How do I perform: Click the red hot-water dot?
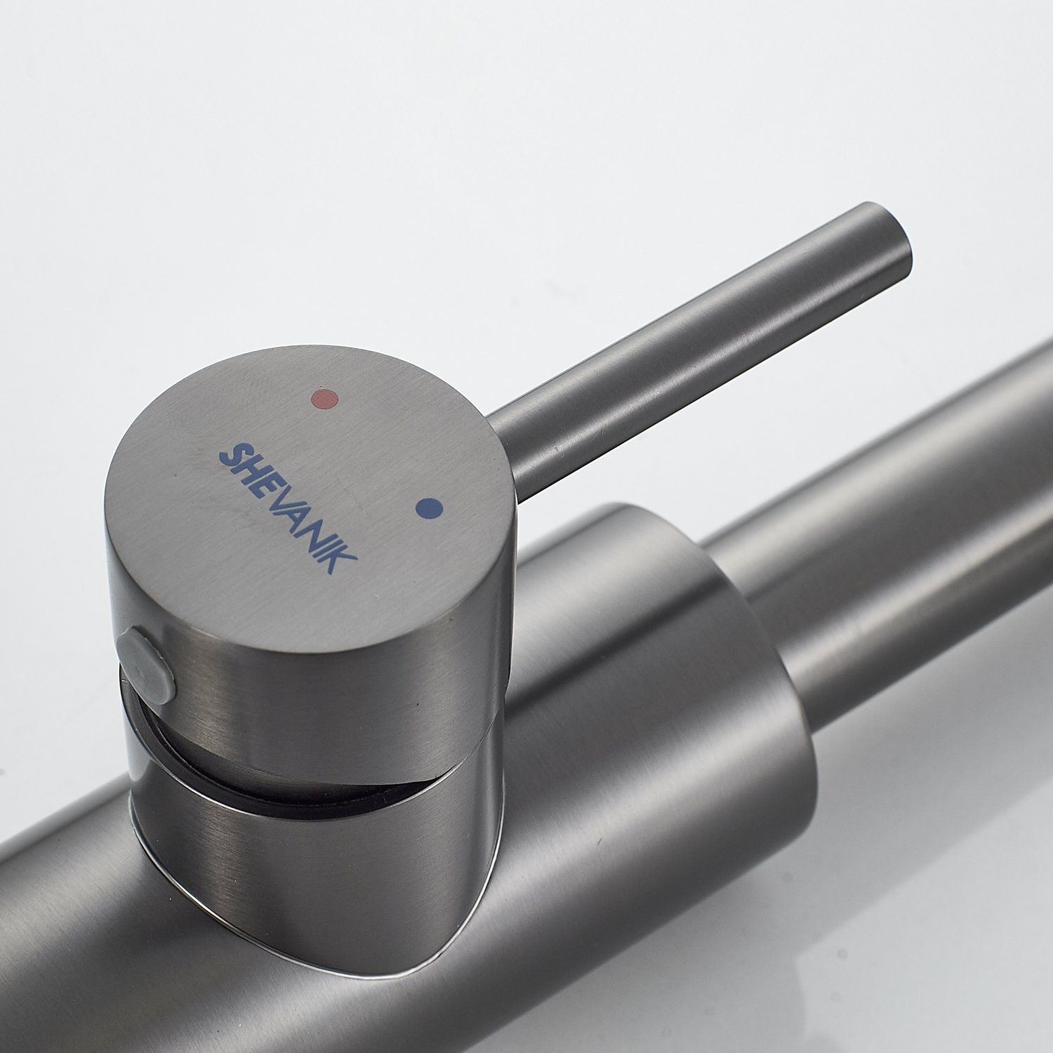point(325,399)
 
